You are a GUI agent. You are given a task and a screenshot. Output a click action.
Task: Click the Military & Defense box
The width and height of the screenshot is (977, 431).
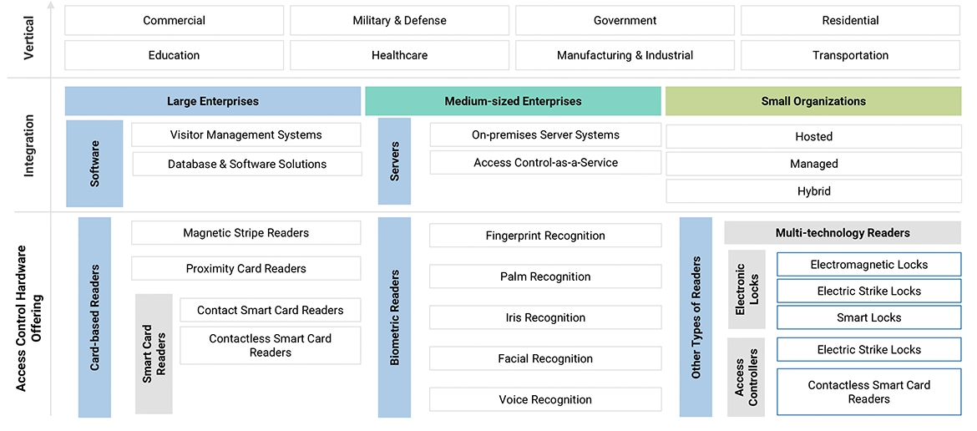click(x=399, y=21)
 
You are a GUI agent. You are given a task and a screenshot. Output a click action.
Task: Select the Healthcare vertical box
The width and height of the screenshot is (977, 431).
click(x=399, y=56)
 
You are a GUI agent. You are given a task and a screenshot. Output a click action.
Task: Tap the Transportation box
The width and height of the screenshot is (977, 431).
click(x=850, y=56)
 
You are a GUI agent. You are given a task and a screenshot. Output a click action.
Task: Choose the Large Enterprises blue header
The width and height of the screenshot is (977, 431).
click(x=213, y=102)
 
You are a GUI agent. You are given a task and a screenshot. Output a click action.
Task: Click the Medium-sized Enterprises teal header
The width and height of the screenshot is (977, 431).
click(x=513, y=102)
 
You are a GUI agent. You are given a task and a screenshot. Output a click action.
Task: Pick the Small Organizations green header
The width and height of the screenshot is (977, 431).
click(x=813, y=102)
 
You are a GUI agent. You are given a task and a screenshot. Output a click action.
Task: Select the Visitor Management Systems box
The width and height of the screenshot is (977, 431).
click(x=246, y=135)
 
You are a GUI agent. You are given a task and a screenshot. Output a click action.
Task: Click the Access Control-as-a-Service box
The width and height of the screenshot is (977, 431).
click(x=545, y=163)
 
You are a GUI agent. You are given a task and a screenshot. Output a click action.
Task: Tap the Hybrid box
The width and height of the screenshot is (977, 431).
click(x=813, y=191)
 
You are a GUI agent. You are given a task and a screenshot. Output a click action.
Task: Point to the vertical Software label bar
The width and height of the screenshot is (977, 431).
click(x=94, y=164)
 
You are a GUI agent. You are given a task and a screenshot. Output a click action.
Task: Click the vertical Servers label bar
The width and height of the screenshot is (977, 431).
click(x=394, y=161)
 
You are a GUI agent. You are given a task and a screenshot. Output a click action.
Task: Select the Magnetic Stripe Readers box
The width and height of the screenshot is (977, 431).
click(x=246, y=233)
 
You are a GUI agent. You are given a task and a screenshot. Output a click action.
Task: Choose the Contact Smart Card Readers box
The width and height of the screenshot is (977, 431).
click(x=270, y=311)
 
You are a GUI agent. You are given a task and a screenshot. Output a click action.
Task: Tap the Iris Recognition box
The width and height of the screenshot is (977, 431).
click(x=545, y=318)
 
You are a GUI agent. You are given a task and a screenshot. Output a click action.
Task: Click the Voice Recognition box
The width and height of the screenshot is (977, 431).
click(x=545, y=400)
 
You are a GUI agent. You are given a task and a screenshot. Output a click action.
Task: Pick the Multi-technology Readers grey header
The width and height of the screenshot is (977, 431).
click(x=842, y=233)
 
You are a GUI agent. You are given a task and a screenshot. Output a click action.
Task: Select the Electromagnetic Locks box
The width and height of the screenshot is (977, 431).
click(x=868, y=265)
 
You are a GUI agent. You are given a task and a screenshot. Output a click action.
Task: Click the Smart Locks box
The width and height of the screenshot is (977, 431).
click(x=868, y=318)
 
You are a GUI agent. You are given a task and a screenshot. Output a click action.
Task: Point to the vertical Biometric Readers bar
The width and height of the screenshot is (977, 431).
click(x=394, y=317)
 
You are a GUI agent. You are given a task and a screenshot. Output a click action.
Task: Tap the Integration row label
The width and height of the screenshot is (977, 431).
click(x=29, y=146)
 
